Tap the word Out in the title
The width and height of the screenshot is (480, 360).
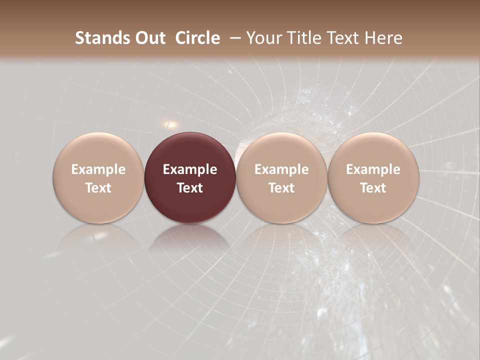click(x=149, y=38)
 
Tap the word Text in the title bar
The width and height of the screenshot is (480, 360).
click(x=345, y=38)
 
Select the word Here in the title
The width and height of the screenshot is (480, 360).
click(x=383, y=38)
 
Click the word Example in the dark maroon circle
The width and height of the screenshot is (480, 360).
click(x=190, y=169)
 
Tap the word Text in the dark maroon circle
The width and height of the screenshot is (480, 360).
click(x=190, y=188)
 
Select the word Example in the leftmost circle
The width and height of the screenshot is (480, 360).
click(x=98, y=169)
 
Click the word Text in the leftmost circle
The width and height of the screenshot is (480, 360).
click(x=98, y=188)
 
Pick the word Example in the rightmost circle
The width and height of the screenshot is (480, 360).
click(x=373, y=169)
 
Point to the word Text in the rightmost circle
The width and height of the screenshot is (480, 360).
click(x=373, y=188)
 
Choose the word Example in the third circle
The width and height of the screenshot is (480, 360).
click(x=281, y=169)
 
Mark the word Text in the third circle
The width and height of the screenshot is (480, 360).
click(x=281, y=188)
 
